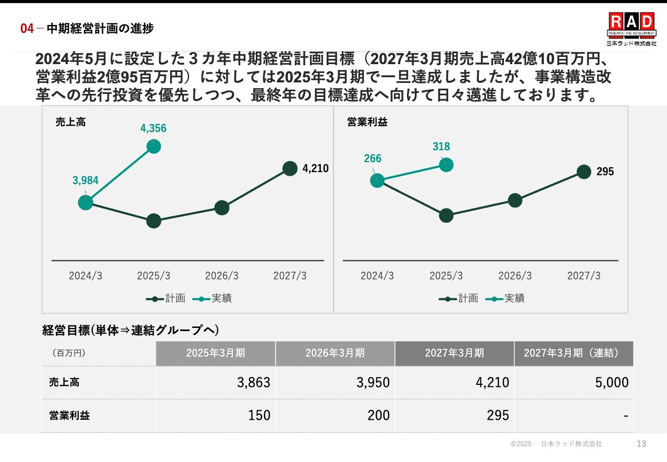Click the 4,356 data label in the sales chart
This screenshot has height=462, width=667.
pos(153,128)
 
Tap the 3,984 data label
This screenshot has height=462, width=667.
pos(85,181)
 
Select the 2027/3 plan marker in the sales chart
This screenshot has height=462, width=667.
pos(290,168)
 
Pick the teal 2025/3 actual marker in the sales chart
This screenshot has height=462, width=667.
pos(153,147)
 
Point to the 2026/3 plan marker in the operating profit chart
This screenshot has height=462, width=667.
pos(515,200)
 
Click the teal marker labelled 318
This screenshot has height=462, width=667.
pos(446,165)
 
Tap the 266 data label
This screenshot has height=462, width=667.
pos(373,159)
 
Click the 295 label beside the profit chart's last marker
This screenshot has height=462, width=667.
pos(605,172)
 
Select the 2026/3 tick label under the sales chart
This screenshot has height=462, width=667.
pos(221,276)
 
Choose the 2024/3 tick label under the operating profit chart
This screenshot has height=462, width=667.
pos(377,276)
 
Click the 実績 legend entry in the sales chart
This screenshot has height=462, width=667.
pos(213,298)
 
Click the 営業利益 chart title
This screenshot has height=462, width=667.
pos(367,123)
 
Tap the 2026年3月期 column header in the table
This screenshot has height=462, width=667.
pos(335,353)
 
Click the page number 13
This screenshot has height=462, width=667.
pos(641,444)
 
